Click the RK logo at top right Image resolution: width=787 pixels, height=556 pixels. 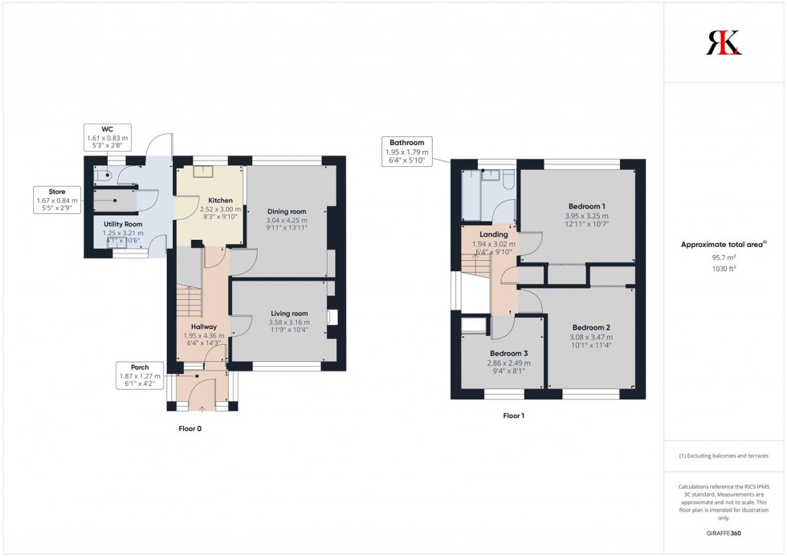coord(724,43)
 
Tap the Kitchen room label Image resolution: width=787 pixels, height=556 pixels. coord(220,201)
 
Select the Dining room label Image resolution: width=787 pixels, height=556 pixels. coord(287,211)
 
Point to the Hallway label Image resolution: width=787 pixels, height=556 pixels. coord(194,327)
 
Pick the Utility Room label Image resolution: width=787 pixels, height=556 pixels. coord(123,224)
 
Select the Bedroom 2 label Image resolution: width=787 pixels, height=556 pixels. coord(591,327)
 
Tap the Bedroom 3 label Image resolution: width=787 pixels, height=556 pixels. coord(509,354)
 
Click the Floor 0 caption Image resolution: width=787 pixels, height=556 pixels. coord(190,428)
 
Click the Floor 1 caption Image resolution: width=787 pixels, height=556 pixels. coord(514,416)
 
